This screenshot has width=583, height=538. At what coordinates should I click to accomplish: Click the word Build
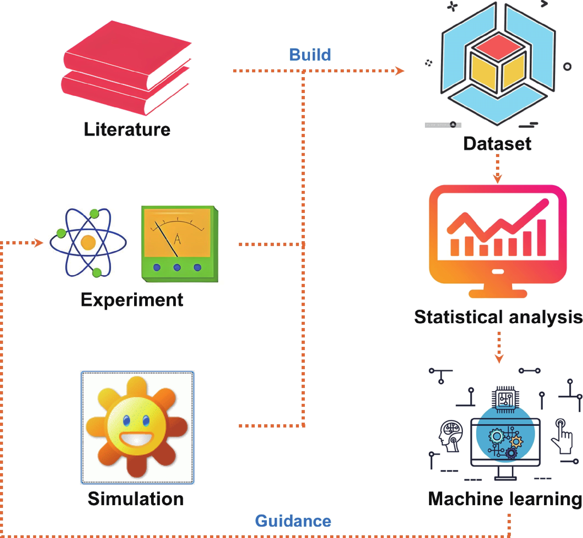[x=310, y=55]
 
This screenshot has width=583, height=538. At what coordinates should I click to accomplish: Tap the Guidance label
[x=293, y=521]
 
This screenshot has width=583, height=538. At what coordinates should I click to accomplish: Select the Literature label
[x=127, y=129]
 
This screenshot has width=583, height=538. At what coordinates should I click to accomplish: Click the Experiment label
[x=132, y=300]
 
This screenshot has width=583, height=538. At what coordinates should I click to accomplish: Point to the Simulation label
[x=135, y=499]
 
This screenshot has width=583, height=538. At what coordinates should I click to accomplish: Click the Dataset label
[x=497, y=144]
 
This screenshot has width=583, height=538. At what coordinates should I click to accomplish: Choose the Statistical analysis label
[x=498, y=317]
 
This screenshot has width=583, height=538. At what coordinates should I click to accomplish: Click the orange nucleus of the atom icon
[x=88, y=243]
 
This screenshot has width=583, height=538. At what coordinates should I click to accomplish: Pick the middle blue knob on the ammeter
[x=177, y=267]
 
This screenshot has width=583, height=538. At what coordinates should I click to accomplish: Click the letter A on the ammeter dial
[x=177, y=239]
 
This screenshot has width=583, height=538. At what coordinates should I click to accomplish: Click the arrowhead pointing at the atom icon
[x=39, y=243]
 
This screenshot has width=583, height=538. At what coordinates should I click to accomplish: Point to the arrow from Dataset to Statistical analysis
[x=498, y=169]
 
